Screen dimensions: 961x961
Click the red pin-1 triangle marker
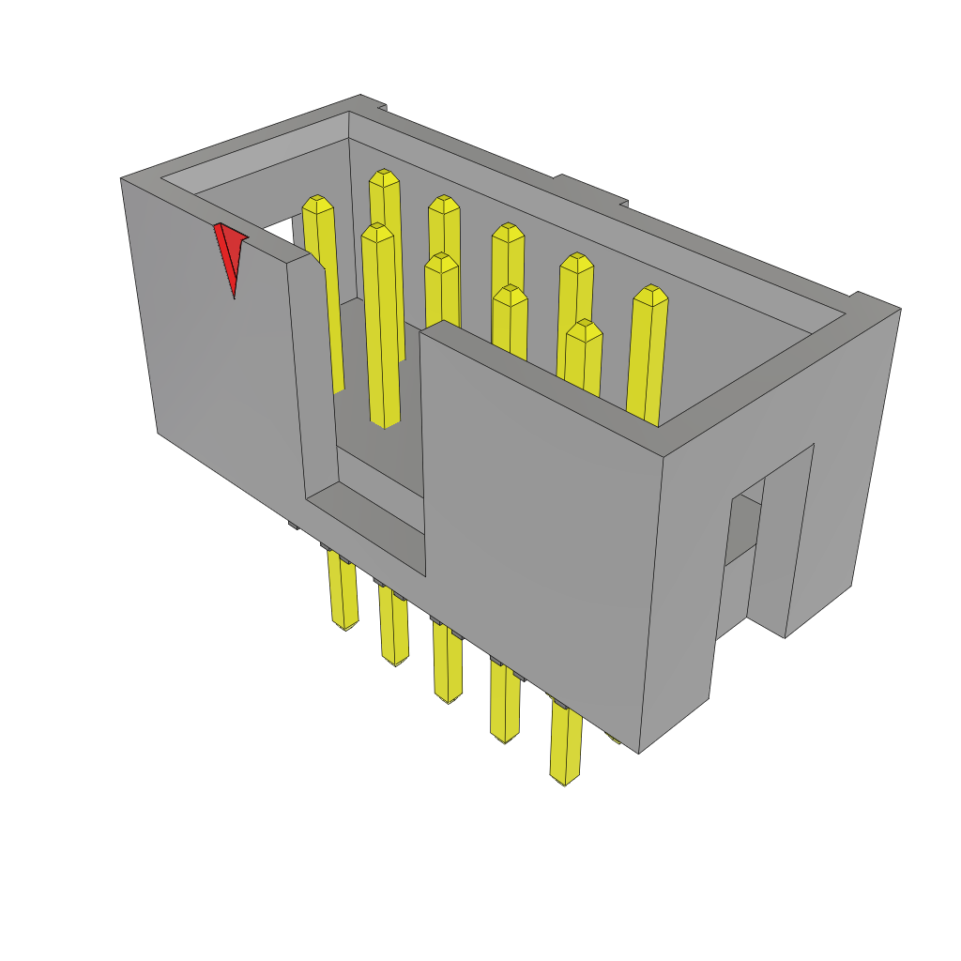click(x=228, y=252)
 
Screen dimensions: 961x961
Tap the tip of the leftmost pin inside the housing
click(x=317, y=205)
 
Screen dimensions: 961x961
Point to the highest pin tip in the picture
click(x=383, y=178)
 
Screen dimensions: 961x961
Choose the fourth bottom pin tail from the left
click(x=505, y=704)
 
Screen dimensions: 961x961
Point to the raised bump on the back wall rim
click(x=591, y=188)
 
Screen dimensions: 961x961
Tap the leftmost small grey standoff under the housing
click(x=292, y=526)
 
